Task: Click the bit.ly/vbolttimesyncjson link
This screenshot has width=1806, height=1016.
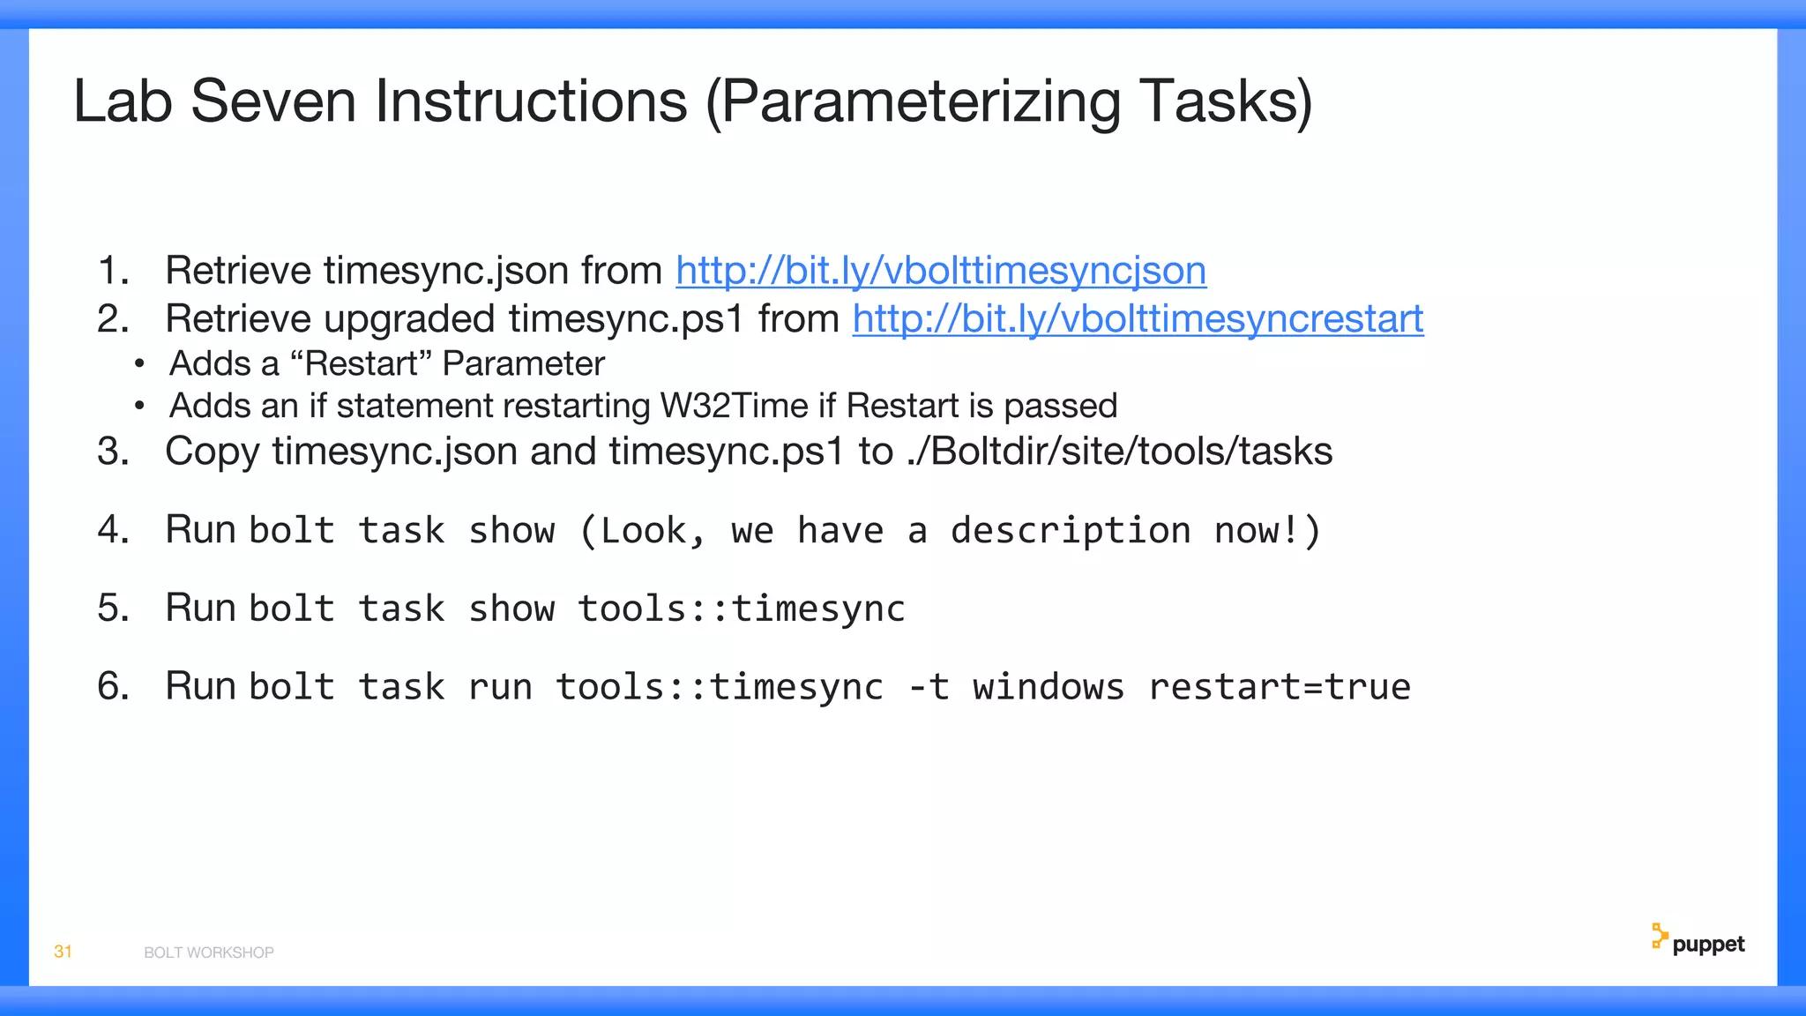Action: coord(941,271)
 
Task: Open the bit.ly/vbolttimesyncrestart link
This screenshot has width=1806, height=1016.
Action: coord(1138,319)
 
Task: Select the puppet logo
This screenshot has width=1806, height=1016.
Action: coord(1698,942)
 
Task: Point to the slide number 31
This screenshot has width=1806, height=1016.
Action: coord(63,952)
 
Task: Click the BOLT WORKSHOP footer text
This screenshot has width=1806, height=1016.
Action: coord(209,952)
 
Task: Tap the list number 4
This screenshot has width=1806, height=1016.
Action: coord(113,530)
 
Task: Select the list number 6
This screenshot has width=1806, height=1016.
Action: coord(113,687)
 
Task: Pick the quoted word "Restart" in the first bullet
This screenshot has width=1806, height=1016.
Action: coord(361,364)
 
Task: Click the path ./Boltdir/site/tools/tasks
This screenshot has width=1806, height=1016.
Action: coord(1119,452)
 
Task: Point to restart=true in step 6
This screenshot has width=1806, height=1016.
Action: coord(1280,687)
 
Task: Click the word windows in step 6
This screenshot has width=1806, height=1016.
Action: coord(1049,687)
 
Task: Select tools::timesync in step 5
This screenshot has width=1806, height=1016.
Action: coord(742,609)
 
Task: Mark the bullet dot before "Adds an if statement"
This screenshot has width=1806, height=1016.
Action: coord(139,407)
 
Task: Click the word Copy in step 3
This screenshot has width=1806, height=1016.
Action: coord(212,452)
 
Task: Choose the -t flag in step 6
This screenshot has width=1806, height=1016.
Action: coord(929,687)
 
